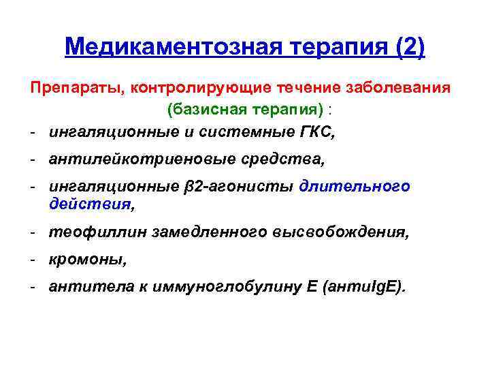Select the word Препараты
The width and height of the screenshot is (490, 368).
[x=75, y=89]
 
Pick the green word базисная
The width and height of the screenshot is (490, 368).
[x=203, y=110]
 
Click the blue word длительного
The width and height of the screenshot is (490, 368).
[x=355, y=187]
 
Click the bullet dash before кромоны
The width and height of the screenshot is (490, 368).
[x=33, y=260]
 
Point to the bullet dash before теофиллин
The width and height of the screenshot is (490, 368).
[x=33, y=232]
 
